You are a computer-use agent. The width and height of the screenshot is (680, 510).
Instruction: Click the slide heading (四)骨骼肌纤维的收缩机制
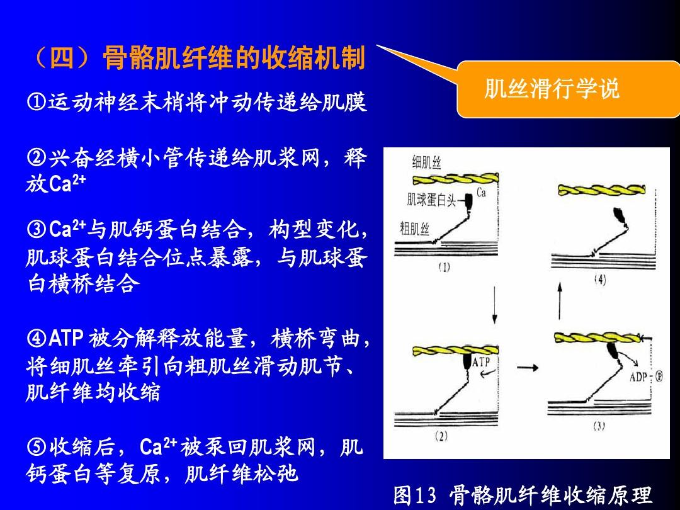point(198,58)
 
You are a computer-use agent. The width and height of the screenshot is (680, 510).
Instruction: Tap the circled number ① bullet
point(37,102)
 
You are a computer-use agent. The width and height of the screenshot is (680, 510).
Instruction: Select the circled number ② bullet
point(37,157)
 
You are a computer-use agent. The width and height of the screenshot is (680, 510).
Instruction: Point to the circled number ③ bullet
point(37,229)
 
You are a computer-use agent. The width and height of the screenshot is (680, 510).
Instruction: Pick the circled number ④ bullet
point(37,338)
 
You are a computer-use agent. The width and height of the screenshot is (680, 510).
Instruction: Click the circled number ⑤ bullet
point(37,446)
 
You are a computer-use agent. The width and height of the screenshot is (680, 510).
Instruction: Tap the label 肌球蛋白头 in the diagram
point(431,200)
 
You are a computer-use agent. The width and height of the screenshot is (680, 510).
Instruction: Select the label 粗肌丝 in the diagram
point(414,228)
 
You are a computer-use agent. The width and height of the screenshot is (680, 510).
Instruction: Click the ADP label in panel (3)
point(638,377)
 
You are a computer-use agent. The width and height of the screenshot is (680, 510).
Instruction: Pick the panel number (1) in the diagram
point(444,267)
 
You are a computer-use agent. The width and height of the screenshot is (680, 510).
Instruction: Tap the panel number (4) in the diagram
point(600,280)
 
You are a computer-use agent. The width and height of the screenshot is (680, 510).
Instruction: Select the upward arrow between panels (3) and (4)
point(560,301)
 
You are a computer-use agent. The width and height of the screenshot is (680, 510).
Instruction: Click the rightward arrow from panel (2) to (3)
point(528,368)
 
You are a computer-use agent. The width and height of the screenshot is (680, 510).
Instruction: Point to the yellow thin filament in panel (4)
point(601,190)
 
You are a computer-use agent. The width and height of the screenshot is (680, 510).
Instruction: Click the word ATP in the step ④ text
point(65,338)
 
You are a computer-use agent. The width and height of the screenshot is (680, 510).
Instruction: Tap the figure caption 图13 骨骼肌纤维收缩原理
point(523,495)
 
